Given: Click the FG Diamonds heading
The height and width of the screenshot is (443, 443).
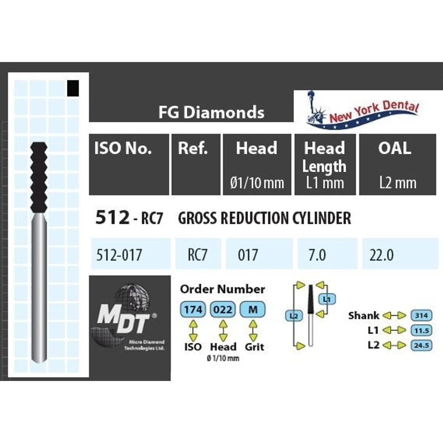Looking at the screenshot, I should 211,113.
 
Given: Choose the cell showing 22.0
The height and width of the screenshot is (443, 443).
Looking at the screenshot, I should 381,256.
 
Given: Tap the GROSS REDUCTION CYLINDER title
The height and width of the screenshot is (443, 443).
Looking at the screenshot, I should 264,218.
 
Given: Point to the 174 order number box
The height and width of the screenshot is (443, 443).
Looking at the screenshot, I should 192,310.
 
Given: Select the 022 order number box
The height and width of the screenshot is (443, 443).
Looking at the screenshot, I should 222,310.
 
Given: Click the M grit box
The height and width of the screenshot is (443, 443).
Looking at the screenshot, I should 253,310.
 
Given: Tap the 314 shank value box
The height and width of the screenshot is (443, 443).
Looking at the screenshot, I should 421,315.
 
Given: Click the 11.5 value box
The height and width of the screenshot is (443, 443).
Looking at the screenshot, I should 421,330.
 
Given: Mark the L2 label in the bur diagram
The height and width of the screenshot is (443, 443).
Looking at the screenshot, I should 293,316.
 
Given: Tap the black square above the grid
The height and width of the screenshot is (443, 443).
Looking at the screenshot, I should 72,88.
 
